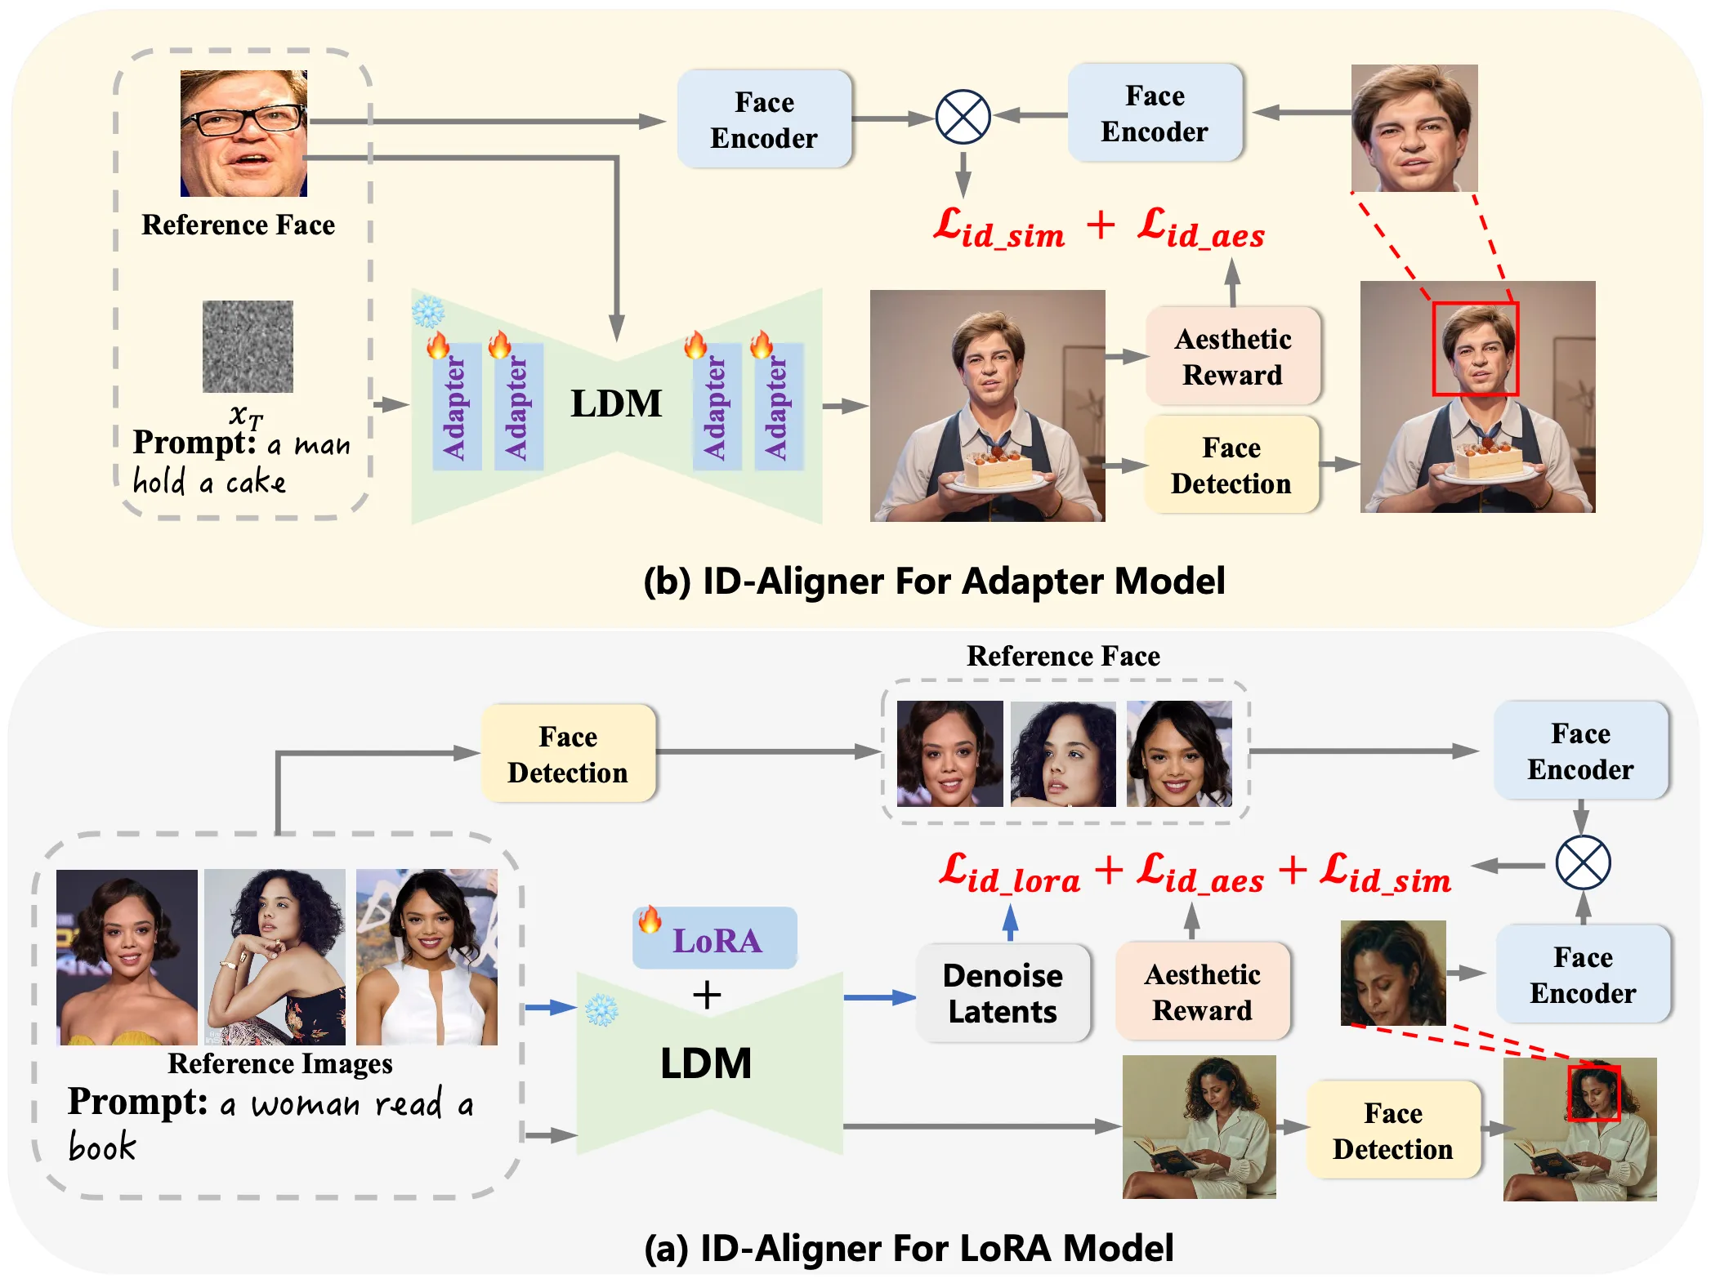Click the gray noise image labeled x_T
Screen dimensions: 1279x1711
(248, 346)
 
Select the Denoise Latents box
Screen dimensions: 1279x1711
(1003, 993)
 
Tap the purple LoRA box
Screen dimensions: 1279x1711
(715, 939)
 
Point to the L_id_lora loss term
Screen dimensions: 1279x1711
(1009, 875)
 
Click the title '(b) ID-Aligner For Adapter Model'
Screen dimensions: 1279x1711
(934, 582)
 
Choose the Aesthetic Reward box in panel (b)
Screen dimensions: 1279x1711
(1232, 357)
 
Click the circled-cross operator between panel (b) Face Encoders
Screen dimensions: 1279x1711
(963, 117)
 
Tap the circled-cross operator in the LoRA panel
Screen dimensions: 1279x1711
(1583, 863)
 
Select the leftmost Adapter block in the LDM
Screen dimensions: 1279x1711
(455, 407)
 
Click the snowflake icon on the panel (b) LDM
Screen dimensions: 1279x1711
(427, 311)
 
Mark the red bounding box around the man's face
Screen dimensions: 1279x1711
(1475, 349)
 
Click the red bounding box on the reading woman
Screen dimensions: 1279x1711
(1593, 1092)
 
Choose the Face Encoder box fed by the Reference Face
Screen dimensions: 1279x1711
(764, 120)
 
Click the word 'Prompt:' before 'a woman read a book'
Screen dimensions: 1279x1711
(137, 1102)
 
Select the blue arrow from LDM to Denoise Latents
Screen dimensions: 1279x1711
(878, 997)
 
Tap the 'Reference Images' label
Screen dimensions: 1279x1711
(279, 1064)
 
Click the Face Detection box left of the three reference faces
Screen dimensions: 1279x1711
(568, 755)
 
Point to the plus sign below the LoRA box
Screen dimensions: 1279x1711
(707, 995)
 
